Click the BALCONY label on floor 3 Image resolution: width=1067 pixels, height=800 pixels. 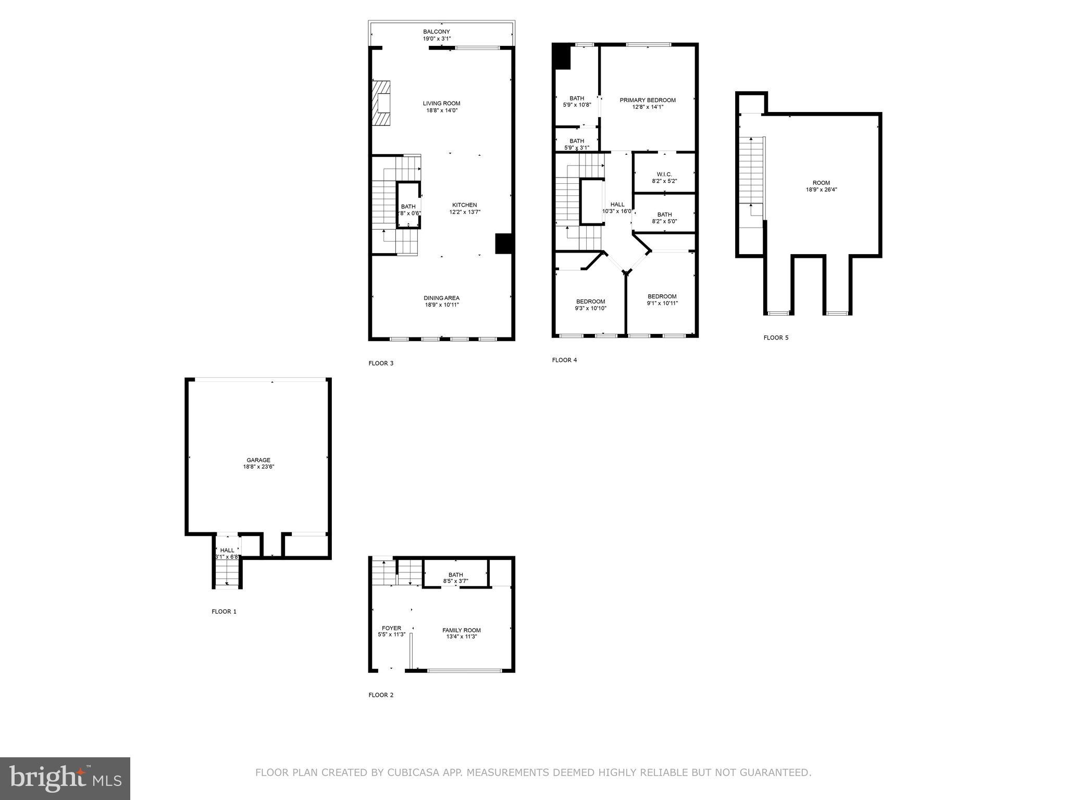click(436, 32)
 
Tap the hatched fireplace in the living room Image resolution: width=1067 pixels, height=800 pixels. click(381, 103)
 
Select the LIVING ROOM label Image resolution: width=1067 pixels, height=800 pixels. click(441, 104)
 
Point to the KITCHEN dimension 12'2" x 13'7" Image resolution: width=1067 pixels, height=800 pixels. click(465, 212)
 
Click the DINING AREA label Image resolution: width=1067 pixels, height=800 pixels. click(441, 298)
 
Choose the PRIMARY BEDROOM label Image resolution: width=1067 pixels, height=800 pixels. click(647, 100)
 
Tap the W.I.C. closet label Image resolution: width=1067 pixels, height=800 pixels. click(664, 174)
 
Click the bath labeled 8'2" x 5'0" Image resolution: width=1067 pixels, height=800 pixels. click(664, 218)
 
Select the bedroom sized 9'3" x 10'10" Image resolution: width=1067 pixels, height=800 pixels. click(590, 305)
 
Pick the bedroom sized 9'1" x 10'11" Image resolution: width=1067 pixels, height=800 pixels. click(662, 299)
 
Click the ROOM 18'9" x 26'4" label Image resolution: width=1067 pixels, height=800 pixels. click(821, 183)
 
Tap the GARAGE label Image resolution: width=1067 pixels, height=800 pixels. click(258, 460)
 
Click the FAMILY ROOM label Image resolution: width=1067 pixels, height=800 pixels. click(461, 630)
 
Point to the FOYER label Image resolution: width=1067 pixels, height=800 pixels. click(391, 628)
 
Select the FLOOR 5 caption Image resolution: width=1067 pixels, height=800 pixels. click(776, 337)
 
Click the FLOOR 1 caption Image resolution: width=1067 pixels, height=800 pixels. click(224, 611)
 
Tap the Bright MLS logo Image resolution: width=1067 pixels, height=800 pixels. click(65, 778)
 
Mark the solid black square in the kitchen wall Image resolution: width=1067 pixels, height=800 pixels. click(503, 244)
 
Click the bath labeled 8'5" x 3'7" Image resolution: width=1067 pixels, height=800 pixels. click(455, 578)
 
